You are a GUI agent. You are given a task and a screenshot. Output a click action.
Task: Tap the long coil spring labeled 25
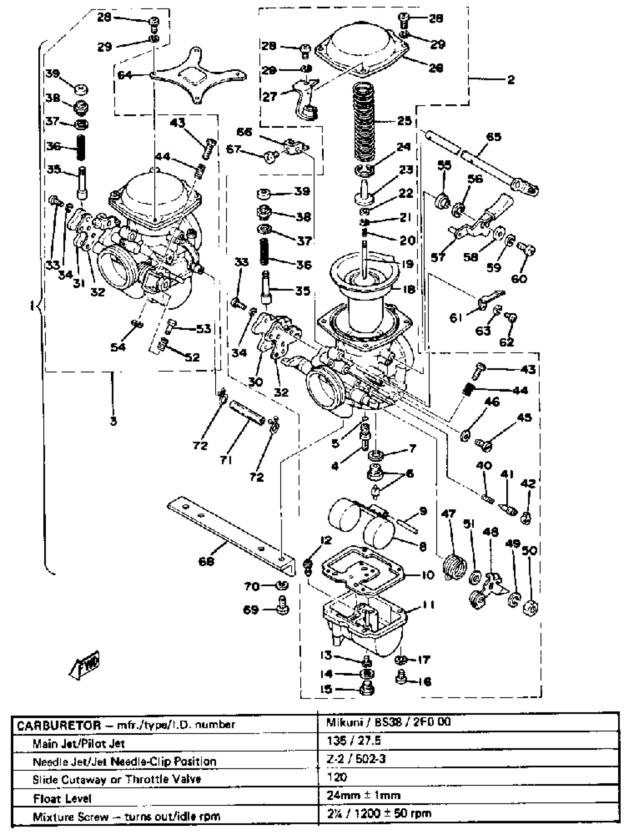[x=365, y=121]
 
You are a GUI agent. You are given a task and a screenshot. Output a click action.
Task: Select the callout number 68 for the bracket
[x=206, y=561]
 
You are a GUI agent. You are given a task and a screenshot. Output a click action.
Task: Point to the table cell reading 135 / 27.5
[x=354, y=741]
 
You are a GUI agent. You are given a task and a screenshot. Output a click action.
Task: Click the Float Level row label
[x=62, y=798]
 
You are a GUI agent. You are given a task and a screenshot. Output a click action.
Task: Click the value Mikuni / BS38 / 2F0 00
[x=388, y=722]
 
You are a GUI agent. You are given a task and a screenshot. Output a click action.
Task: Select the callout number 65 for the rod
[x=494, y=137]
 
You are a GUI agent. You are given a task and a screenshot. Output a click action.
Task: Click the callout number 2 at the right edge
[x=511, y=79]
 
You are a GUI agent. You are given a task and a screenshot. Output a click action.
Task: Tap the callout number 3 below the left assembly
[x=113, y=421]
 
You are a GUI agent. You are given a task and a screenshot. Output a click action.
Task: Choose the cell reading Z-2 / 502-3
[x=356, y=759]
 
